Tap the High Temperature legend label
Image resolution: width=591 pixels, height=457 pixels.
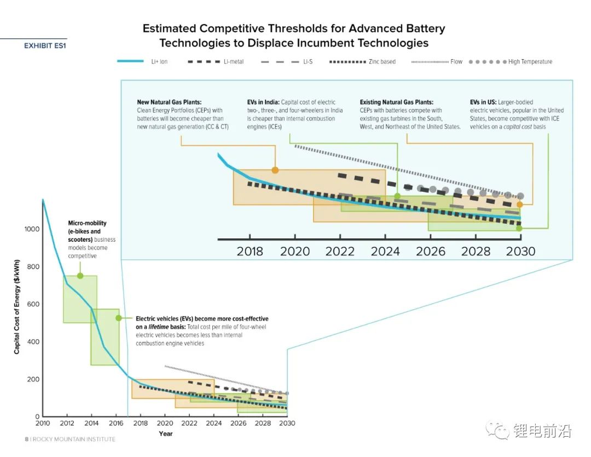[530, 62]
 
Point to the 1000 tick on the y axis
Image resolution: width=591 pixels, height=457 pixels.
[32, 229]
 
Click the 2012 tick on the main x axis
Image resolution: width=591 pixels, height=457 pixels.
[67, 424]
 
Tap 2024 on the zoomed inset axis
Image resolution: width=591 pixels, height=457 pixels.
[385, 252]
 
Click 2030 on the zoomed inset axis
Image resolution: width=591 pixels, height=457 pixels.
[520, 252]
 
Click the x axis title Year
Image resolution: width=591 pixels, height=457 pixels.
[165, 434]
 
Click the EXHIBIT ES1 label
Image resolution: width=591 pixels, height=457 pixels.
[45, 46]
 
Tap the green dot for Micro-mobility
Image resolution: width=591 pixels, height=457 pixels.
[80, 276]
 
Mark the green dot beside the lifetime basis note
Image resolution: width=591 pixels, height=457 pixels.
[118, 318]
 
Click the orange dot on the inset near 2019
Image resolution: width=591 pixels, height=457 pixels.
[275, 170]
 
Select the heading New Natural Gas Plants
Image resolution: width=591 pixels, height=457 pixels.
[169, 102]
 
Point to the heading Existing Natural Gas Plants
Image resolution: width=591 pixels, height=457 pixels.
[396, 102]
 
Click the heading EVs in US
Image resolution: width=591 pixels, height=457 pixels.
[483, 102]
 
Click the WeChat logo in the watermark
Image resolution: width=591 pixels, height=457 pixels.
[498, 431]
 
